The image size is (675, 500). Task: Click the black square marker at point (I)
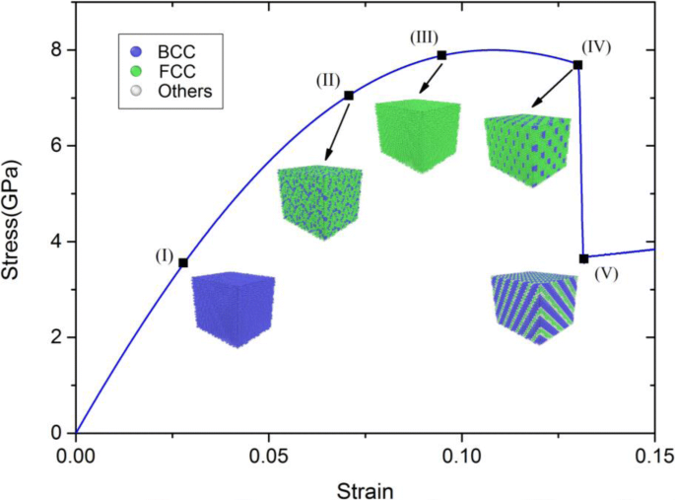(x=183, y=262)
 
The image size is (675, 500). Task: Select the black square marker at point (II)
(x=349, y=95)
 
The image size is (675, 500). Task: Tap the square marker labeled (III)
(x=441, y=55)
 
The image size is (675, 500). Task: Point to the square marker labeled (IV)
(x=577, y=64)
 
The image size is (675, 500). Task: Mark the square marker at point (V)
(x=584, y=258)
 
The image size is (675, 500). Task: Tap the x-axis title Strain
(x=365, y=489)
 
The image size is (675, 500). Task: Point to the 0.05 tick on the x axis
(x=269, y=456)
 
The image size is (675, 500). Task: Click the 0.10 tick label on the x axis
(x=462, y=456)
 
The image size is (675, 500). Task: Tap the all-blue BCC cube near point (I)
(x=233, y=309)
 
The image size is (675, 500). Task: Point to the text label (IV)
(x=596, y=46)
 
